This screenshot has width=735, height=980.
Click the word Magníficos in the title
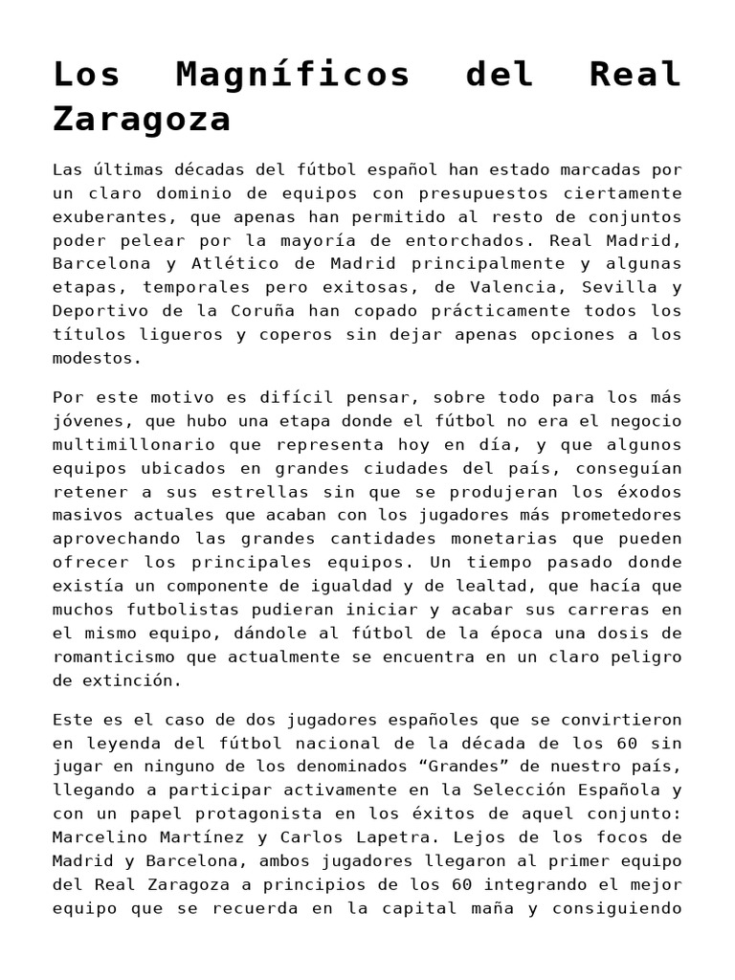[294, 75]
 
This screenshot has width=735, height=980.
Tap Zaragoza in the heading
[142, 120]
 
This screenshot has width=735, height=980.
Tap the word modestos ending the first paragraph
[97, 359]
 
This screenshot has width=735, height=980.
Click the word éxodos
[649, 492]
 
